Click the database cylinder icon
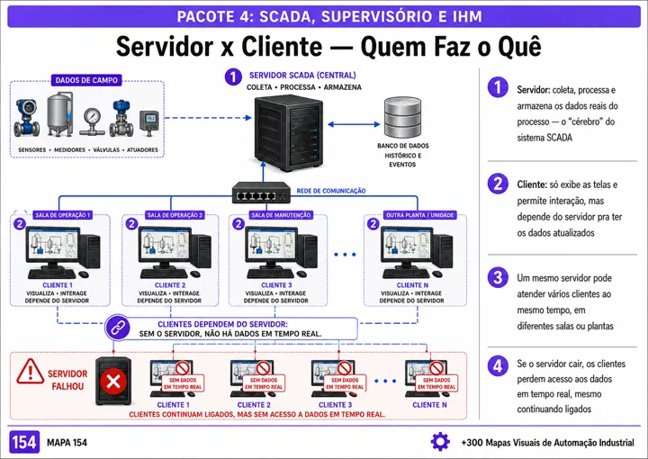point(402,117)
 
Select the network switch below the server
point(261,193)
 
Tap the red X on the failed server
point(113,382)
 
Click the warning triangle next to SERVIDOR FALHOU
point(31,371)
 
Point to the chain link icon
point(118,328)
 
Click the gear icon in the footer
point(440,442)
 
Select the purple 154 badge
point(24,442)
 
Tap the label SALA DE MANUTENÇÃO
point(281,215)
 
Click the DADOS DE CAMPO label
point(86,80)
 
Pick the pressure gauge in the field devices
point(92,121)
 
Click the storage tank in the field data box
point(59,114)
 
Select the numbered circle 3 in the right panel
point(498,277)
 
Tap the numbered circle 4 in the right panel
point(498,365)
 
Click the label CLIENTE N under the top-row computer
point(412,285)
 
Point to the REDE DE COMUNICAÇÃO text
point(331,191)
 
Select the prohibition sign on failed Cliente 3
point(344,368)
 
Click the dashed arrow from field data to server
point(208,118)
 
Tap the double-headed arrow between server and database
point(354,124)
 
